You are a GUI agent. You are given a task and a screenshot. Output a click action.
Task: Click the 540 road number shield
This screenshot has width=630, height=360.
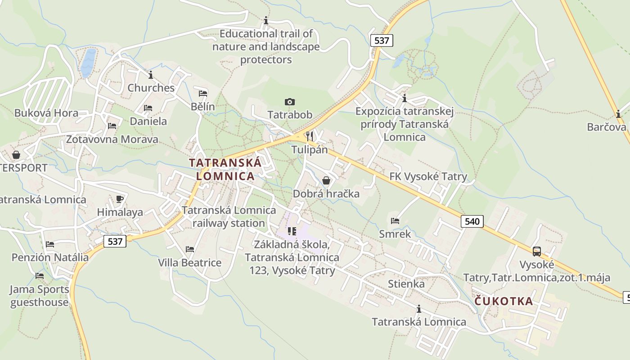(x=472, y=221)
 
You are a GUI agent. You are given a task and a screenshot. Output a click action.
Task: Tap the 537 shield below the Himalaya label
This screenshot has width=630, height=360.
(x=115, y=241)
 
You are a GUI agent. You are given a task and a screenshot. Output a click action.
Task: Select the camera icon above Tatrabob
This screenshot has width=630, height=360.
(x=290, y=102)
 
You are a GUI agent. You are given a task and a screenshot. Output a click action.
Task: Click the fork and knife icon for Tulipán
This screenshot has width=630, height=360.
(x=309, y=136)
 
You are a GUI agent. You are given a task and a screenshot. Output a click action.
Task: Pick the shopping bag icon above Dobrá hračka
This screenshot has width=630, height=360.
(x=326, y=180)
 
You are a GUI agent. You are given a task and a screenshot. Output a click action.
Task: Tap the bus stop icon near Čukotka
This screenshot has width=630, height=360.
(x=536, y=251)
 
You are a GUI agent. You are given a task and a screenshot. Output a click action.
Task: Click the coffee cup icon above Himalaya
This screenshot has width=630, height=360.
(x=120, y=199)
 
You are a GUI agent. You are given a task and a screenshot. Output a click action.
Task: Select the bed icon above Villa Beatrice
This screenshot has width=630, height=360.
(x=190, y=249)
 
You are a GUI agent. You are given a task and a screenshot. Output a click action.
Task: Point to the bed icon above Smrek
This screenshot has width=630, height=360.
(x=395, y=220)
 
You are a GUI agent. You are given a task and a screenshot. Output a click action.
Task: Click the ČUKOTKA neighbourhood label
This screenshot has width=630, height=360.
(x=504, y=301)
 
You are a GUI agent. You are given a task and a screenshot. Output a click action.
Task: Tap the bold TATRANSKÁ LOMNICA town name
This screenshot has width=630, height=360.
(x=225, y=169)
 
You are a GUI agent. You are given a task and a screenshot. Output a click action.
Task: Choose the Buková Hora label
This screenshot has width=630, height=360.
(x=46, y=113)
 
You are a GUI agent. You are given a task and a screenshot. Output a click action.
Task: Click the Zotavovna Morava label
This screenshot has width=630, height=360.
(x=112, y=139)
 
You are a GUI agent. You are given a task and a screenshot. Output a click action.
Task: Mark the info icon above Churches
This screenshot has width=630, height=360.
(x=151, y=75)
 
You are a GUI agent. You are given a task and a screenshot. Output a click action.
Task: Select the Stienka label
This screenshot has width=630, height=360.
(x=406, y=284)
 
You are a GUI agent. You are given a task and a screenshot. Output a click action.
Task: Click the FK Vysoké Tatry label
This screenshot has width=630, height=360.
(x=428, y=176)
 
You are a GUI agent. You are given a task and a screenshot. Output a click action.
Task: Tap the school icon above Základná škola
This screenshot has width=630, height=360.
(x=292, y=231)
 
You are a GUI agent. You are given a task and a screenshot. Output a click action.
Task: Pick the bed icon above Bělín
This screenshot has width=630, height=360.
(x=203, y=94)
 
